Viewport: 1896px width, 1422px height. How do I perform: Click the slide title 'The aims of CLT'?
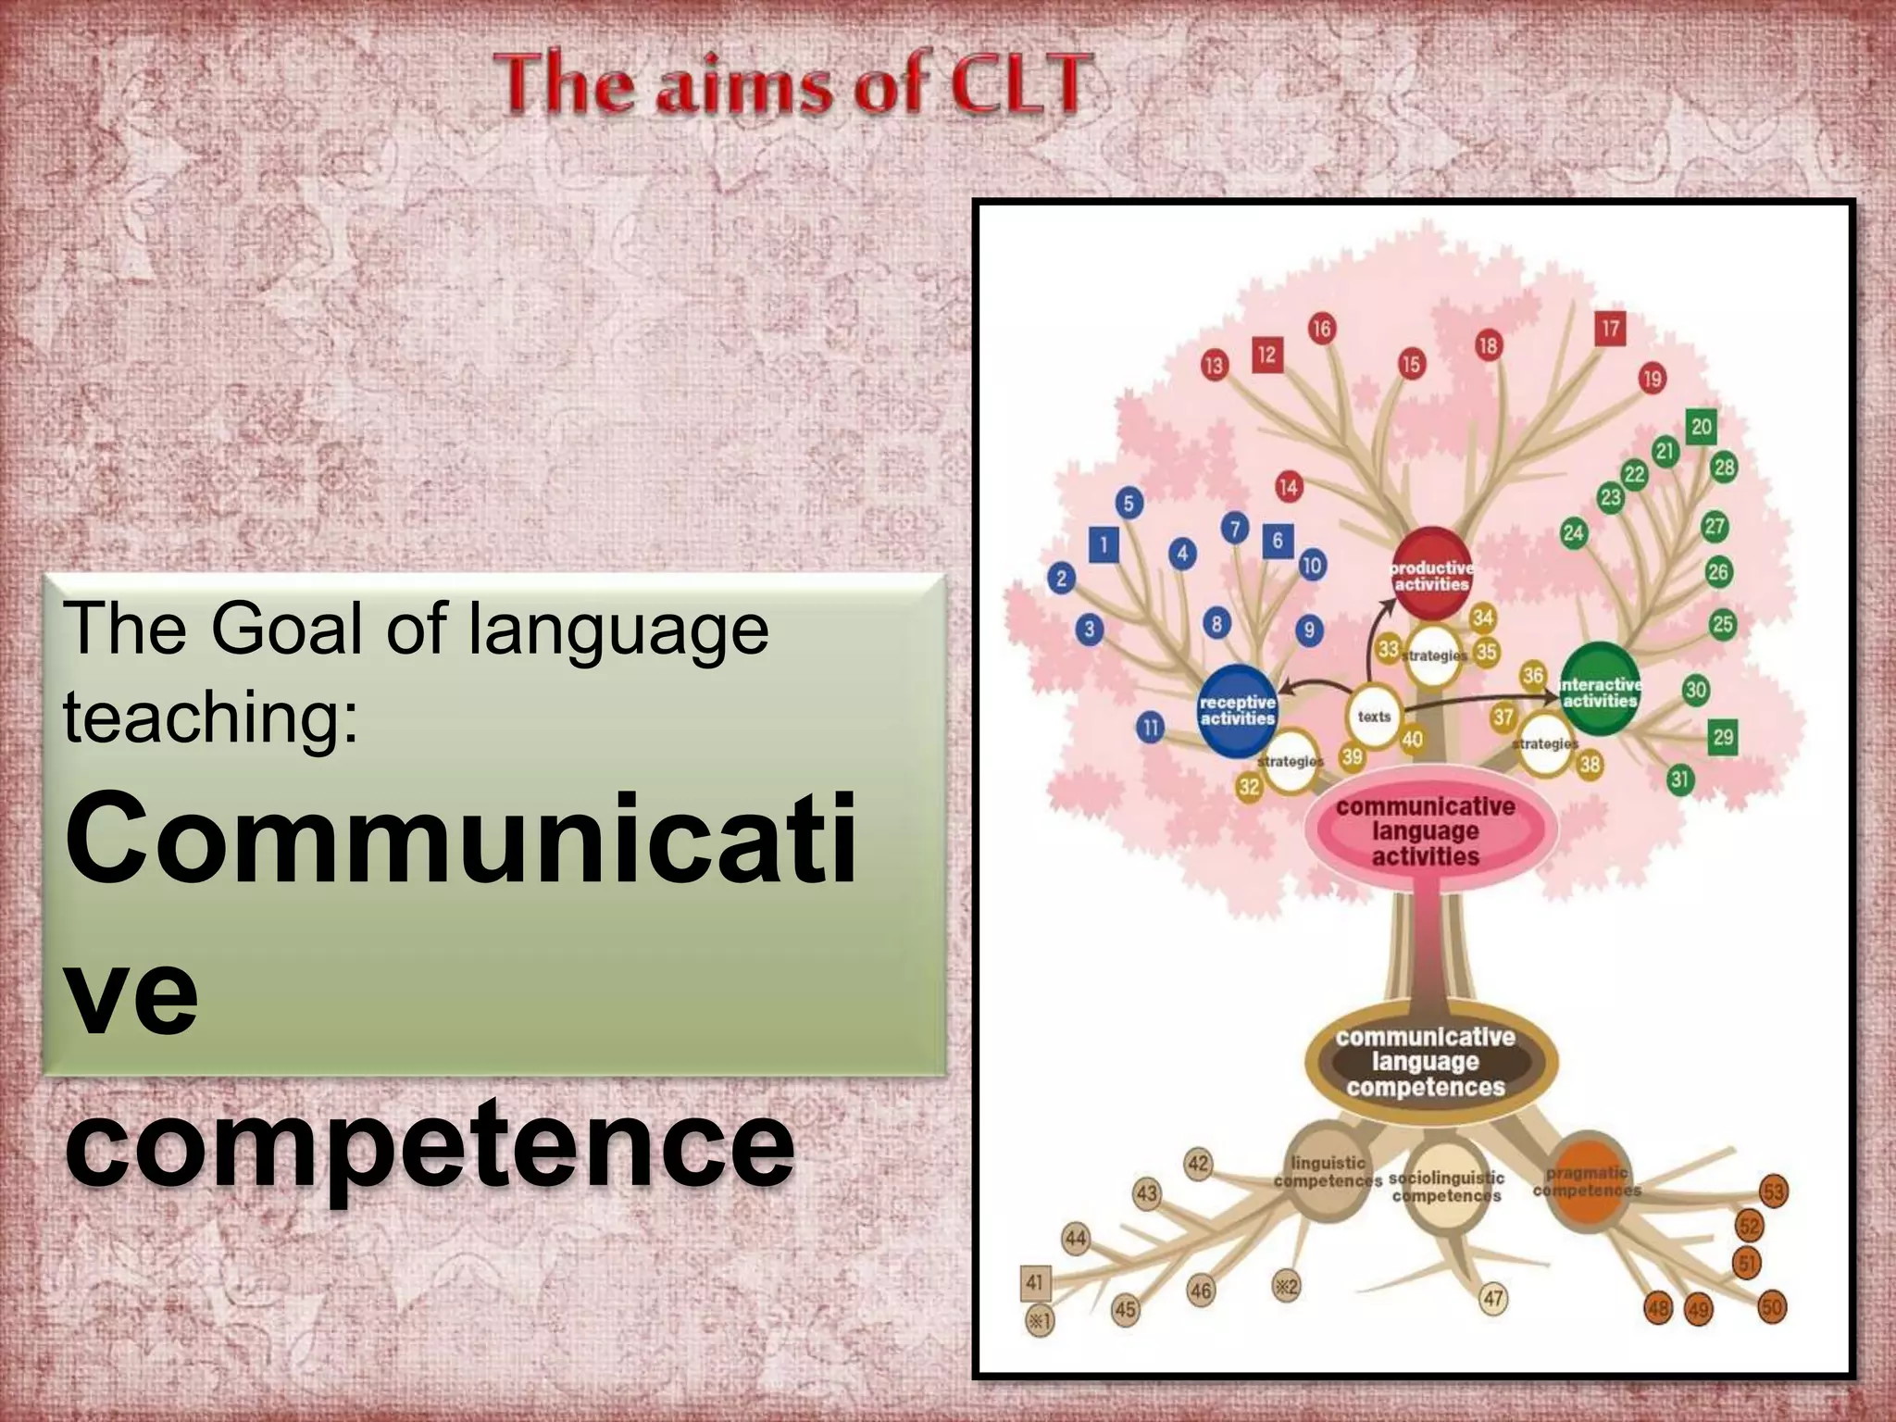pos(790,86)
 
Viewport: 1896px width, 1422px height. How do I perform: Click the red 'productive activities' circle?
pos(1431,574)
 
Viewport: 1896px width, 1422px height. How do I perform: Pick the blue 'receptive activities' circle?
pos(1238,710)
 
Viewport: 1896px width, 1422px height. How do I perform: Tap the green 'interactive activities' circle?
pos(1600,691)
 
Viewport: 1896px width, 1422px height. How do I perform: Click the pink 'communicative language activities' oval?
pos(1425,830)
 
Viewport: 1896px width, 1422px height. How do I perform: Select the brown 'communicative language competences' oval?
pos(1425,1061)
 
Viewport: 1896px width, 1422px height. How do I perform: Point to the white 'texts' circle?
pos(1374,717)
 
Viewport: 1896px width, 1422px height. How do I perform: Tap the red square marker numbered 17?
pos(1611,329)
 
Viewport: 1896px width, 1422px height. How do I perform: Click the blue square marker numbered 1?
pos(1104,544)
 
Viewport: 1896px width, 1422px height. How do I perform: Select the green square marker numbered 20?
pos(1701,427)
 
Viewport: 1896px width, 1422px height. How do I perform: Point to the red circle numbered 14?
pos(1289,487)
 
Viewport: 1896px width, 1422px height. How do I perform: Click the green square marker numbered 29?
pos(1722,737)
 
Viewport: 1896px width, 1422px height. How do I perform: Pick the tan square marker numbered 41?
pos(1035,1282)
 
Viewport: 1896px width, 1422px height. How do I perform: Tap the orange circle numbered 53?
pos(1773,1191)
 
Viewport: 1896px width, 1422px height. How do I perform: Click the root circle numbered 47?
pos(1493,1298)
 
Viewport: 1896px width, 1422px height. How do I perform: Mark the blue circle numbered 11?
pos(1150,728)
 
